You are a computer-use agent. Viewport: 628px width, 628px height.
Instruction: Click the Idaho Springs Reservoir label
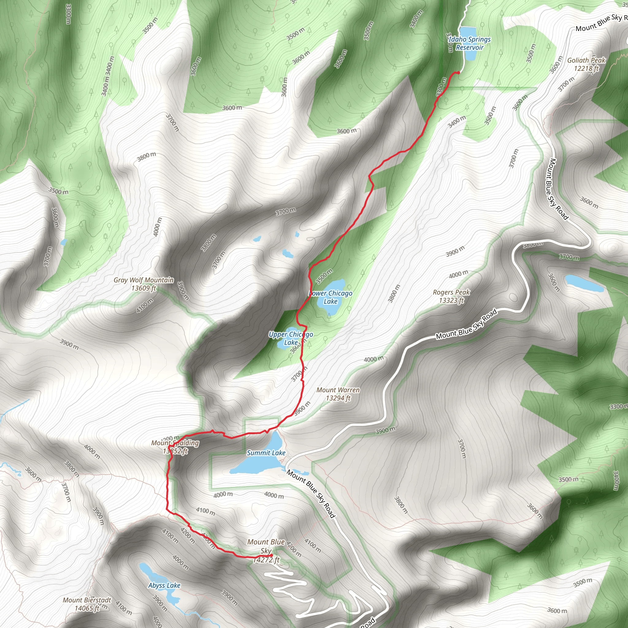(x=469, y=43)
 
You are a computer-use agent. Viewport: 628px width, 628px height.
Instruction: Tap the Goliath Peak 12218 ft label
(x=586, y=64)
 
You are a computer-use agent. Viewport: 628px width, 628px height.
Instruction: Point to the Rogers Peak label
(x=451, y=296)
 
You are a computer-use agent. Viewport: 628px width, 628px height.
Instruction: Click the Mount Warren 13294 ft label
(x=338, y=394)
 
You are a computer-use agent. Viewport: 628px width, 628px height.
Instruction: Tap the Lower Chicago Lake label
(x=331, y=297)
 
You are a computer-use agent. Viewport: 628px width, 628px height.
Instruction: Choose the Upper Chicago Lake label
(x=291, y=338)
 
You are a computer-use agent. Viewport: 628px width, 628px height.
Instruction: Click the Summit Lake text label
(x=266, y=453)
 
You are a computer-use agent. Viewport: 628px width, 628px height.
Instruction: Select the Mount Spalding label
(x=175, y=446)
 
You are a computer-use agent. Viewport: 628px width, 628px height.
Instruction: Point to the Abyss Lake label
(x=164, y=585)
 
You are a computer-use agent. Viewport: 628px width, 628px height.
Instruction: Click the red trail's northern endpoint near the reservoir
(x=458, y=72)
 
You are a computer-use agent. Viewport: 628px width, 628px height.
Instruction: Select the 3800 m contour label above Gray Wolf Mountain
(x=146, y=157)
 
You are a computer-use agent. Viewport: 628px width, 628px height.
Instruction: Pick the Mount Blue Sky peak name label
(x=266, y=546)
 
